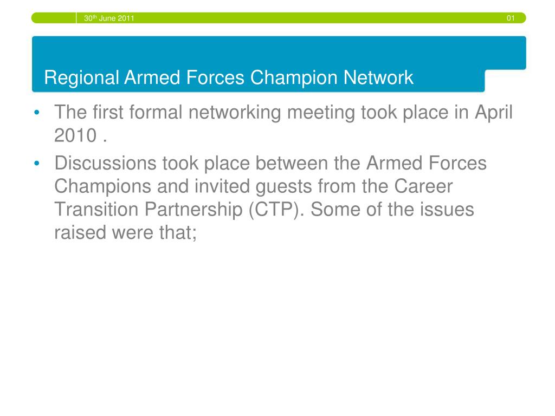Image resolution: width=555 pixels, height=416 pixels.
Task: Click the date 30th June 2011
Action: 109,18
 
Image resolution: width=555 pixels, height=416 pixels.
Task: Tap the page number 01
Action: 511,18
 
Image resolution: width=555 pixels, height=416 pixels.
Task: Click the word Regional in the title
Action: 82,78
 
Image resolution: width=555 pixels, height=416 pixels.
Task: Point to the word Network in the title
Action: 378,77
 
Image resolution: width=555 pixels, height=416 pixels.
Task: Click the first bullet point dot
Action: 37,113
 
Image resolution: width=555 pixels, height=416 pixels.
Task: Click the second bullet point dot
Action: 37,164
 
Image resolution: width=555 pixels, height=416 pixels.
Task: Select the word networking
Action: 235,113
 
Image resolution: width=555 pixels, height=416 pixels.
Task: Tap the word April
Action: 493,113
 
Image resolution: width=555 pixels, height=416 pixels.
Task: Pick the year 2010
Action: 75,135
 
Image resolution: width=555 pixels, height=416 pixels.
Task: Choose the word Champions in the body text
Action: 102,187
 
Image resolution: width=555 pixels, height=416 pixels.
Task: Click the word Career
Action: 423,186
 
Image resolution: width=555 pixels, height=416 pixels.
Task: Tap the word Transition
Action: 96,210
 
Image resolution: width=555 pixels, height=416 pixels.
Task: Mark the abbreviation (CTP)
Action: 276,210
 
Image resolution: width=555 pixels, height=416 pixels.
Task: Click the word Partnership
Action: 193,210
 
